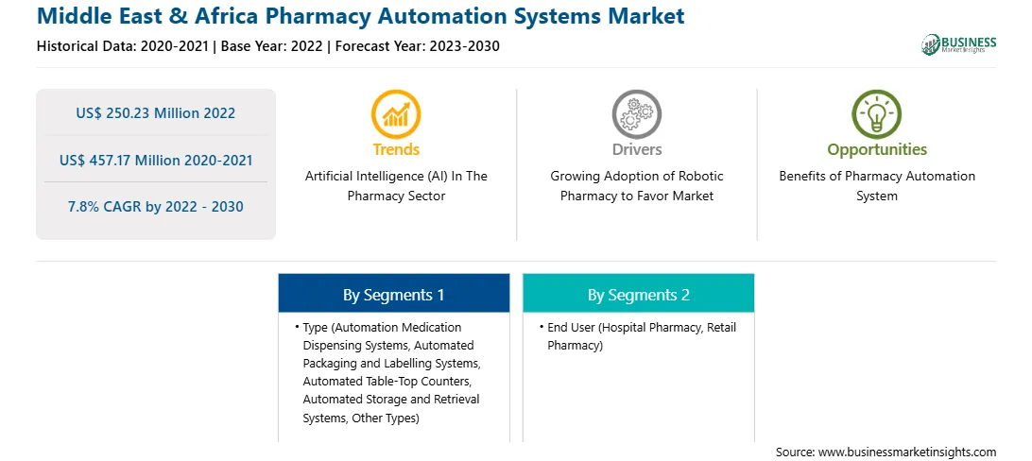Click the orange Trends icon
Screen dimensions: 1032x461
click(396, 114)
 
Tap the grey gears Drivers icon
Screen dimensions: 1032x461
click(636, 114)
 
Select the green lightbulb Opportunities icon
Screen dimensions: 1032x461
click(877, 114)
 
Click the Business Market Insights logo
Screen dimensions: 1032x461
click(958, 44)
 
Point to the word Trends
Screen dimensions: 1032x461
click(396, 149)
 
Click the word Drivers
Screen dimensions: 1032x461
click(636, 149)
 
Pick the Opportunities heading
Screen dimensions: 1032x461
click(877, 150)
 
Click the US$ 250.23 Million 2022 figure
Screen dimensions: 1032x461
click(155, 113)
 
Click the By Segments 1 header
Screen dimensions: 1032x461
click(393, 296)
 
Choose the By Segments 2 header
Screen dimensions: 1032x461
click(639, 296)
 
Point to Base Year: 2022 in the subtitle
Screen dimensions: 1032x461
click(272, 46)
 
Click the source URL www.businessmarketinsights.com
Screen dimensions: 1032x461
click(907, 452)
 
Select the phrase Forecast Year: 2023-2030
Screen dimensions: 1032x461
click(418, 46)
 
